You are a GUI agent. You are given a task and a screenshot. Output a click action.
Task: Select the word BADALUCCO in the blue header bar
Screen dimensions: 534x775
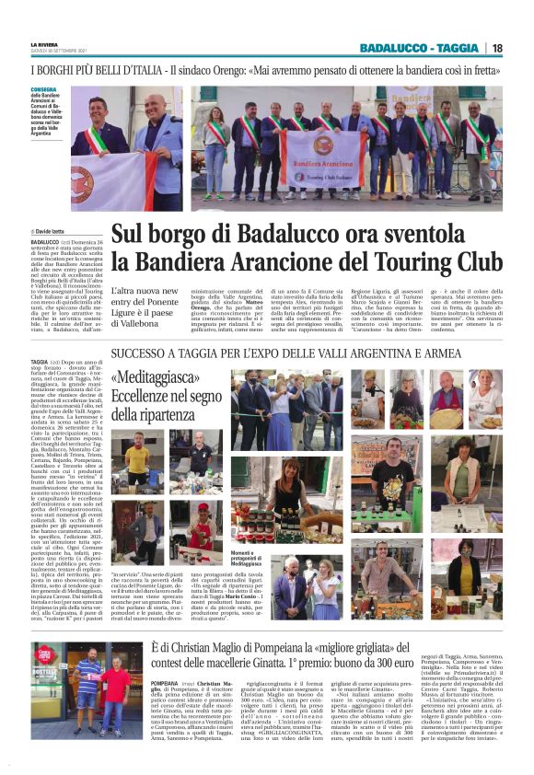(x=391, y=48)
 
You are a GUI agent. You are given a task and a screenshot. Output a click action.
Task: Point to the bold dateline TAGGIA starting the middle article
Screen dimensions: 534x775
(x=39, y=363)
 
